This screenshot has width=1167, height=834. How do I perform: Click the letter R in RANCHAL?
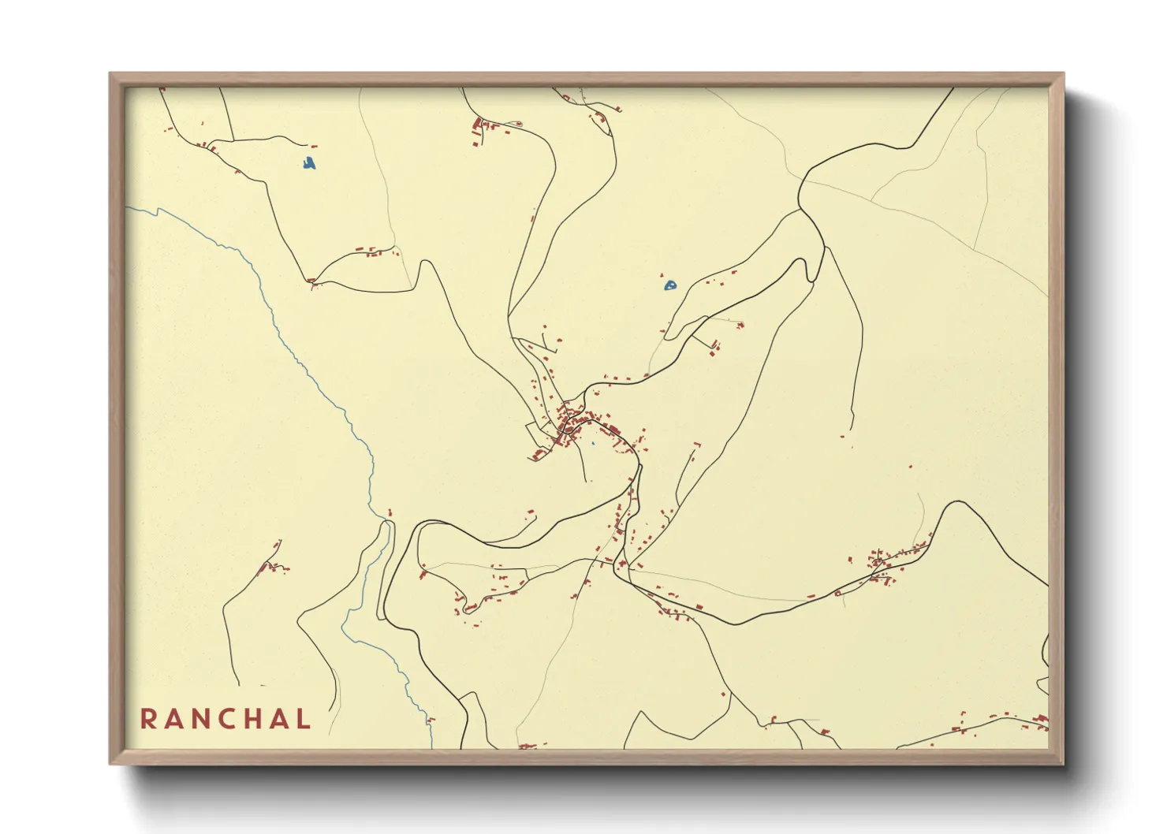tap(147, 719)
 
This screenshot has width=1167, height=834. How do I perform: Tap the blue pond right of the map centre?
tap(669, 285)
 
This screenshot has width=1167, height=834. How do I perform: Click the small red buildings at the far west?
tap(270, 566)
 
